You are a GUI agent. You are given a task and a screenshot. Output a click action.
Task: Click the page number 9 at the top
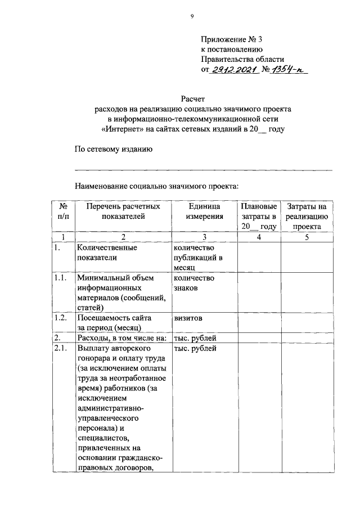coord(192,17)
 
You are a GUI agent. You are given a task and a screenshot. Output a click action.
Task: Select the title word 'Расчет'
coord(193,99)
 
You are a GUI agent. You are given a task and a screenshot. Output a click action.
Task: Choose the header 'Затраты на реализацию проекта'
coord(307,216)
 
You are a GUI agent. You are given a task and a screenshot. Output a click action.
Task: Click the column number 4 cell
coord(258,237)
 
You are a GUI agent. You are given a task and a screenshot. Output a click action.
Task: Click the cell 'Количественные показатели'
coord(107,252)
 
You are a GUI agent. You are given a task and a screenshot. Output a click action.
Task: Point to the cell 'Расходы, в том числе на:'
coord(121,338)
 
